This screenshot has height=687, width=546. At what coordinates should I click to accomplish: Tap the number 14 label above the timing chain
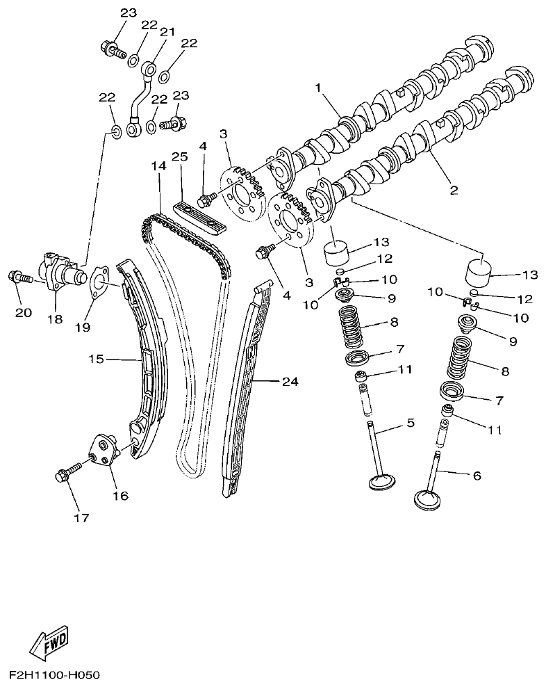(158, 167)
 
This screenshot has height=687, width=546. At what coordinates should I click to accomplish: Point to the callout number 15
(96, 359)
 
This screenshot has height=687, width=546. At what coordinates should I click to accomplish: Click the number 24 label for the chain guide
(290, 381)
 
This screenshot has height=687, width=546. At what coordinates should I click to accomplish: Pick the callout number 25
(180, 157)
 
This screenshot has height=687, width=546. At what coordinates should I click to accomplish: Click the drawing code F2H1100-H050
(55, 675)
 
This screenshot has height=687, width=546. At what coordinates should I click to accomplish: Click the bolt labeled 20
(19, 277)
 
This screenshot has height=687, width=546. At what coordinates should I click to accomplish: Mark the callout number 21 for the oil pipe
(167, 32)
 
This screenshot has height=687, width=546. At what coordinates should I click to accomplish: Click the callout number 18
(54, 319)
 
